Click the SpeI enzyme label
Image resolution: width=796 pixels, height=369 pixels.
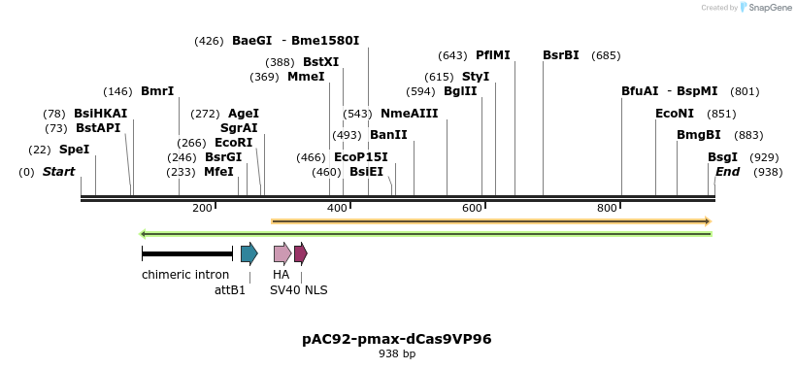coord(74,150)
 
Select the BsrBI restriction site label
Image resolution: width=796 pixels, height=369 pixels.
coord(560,55)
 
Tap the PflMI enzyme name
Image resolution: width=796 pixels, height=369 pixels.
coord(492,55)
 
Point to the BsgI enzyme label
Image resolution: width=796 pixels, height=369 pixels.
coord(722,157)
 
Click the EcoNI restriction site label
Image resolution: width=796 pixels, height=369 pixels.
coord(675,114)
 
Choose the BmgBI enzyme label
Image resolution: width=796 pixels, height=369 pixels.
coord(698,135)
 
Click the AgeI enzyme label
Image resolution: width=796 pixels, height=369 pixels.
coord(244,114)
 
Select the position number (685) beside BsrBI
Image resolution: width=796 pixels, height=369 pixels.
coord(606,55)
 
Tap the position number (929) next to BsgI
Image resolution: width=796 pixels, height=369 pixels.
coord(764,157)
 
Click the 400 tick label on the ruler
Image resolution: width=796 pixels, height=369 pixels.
coord(337,208)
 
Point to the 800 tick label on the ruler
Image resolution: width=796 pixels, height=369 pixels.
coord(607,208)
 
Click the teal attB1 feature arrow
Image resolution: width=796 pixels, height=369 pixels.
coord(249,254)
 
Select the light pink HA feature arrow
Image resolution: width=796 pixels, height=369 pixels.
coord(282,254)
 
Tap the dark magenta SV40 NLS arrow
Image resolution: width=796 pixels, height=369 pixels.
coord(301,254)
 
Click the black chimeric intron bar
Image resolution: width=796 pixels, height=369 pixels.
coord(187,254)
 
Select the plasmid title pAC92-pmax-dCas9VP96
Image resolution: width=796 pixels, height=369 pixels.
coord(397,339)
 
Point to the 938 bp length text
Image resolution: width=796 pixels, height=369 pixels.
coord(397,354)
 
